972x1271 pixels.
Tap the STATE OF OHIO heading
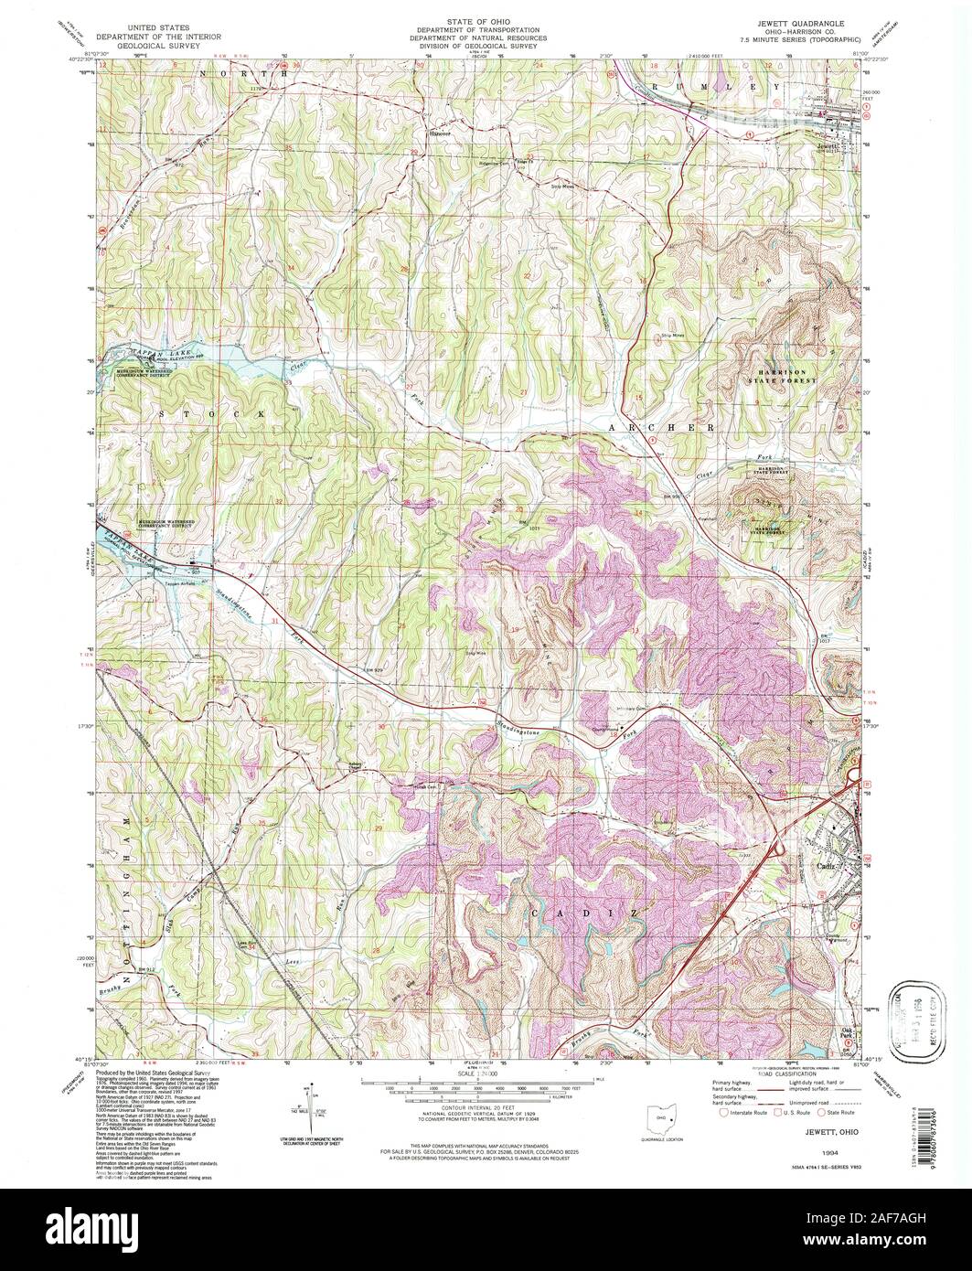tap(486, 20)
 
